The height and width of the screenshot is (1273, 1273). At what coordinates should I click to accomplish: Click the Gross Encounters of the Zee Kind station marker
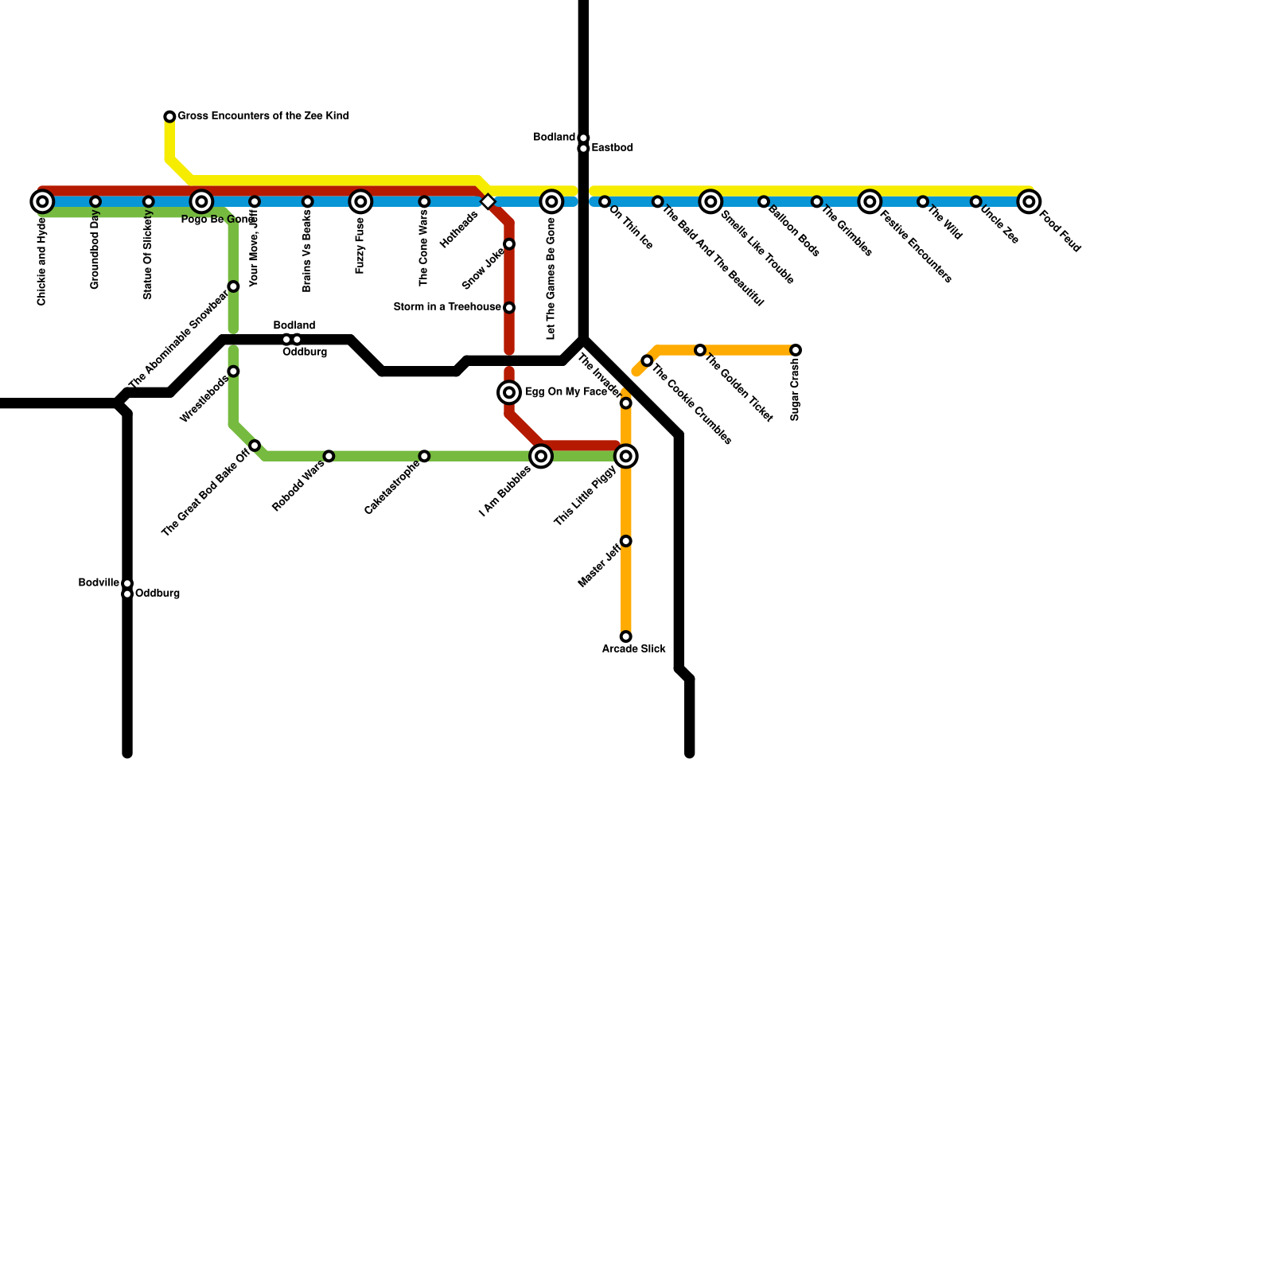tap(169, 117)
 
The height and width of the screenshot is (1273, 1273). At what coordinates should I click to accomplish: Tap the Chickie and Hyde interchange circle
tap(42, 201)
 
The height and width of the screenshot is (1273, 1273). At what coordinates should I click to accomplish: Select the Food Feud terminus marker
tap(1029, 201)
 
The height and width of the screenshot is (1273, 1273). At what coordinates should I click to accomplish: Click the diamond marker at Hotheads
tap(489, 202)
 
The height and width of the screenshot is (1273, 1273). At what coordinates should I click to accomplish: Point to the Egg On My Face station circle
tap(509, 392)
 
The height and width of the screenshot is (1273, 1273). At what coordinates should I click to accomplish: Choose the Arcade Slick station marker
tap(626, 636)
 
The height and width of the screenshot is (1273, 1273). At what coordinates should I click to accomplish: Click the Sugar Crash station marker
tap(796, 350)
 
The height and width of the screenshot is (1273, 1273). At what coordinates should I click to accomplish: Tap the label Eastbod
tap(612, 148)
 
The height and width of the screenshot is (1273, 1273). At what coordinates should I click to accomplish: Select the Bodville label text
tap(99, 583)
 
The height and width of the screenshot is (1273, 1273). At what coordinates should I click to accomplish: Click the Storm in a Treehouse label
tap(447, 307)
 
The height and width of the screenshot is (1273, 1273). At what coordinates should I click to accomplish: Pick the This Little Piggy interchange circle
tap(626, 456)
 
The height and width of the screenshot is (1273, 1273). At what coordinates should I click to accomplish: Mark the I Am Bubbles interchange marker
tap(541, 456)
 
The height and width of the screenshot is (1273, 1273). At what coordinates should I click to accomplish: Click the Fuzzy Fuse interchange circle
tap(360, 201)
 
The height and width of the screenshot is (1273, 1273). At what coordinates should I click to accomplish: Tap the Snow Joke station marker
tap(509, 244)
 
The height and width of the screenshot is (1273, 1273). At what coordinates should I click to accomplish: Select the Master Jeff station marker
tap(626, 541)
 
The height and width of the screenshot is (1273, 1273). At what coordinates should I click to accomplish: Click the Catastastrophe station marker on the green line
tap(424, 456)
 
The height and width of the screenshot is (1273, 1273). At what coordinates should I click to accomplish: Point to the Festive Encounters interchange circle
tap(870, 201)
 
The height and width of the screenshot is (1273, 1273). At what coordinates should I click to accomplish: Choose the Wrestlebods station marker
tap(233, 372)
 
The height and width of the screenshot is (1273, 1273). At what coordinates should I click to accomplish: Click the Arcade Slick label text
tap(633, 649)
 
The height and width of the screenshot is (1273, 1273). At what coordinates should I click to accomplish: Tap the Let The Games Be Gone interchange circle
tap(551, 201)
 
